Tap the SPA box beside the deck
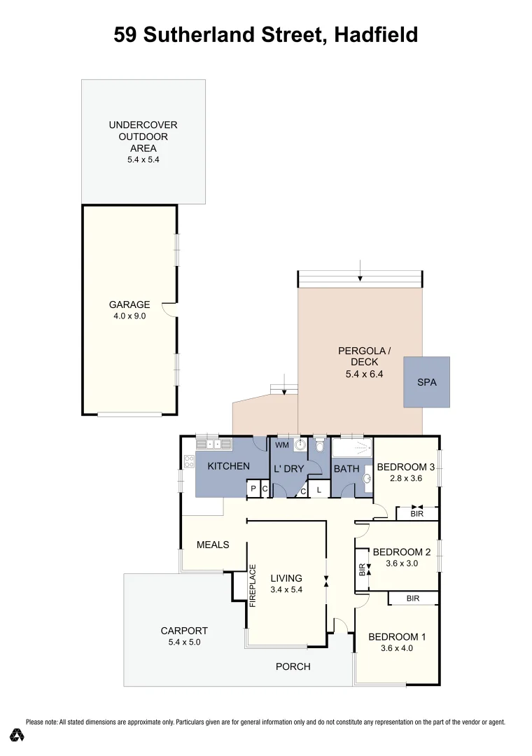(426, 382)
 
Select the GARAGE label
(129, 304)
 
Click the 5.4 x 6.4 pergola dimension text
(360, 374)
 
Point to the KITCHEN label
(228, 466)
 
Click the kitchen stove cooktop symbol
(188, 461)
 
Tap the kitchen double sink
(213, 443)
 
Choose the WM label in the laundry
(282, 445)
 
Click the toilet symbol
(320, 445)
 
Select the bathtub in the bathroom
(351, 448)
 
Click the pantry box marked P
(253, 489)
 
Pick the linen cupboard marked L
(318, 490)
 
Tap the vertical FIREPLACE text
(253, 585)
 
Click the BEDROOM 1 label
(397, 637)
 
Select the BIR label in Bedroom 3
(417, 514)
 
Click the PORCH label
(293, 666)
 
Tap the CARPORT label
(184, 631)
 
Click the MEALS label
(213, 545)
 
